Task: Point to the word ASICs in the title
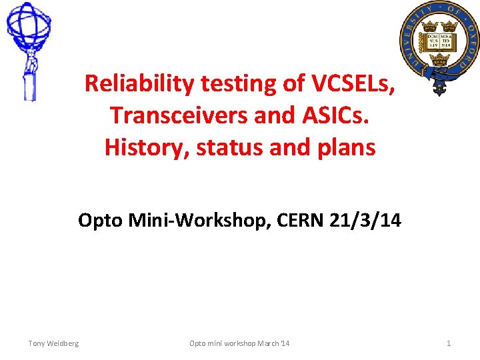(340, 115)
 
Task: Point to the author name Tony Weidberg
(53, 343)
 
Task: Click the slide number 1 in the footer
(449, 343)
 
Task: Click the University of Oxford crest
(439, 47)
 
